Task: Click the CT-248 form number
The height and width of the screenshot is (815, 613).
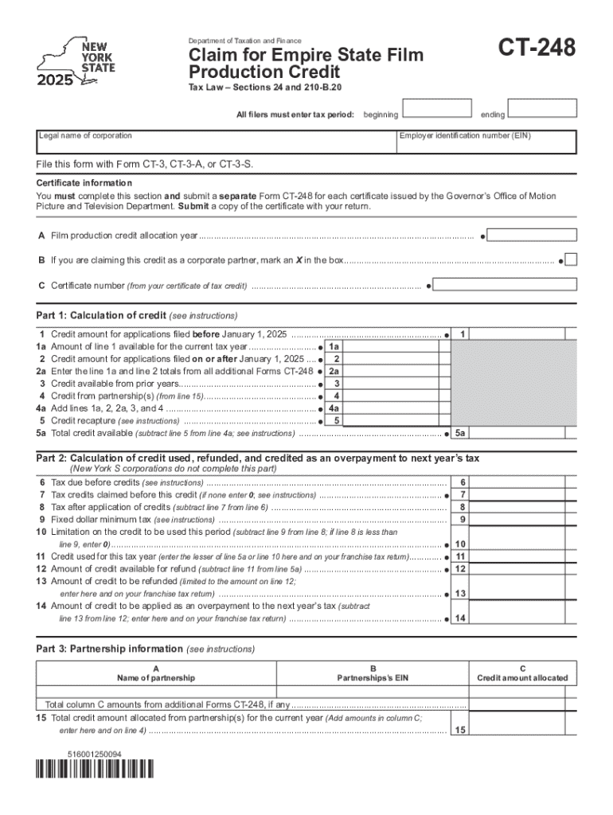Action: click(x=537, y=50)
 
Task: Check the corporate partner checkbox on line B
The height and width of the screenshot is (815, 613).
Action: click(x=571, y=259)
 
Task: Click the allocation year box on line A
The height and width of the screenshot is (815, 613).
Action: click(x=531, y=236)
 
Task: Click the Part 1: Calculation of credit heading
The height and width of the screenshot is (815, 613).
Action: click(x=136, y=315)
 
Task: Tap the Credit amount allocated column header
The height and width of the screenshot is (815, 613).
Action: click(x=522, y=677)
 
